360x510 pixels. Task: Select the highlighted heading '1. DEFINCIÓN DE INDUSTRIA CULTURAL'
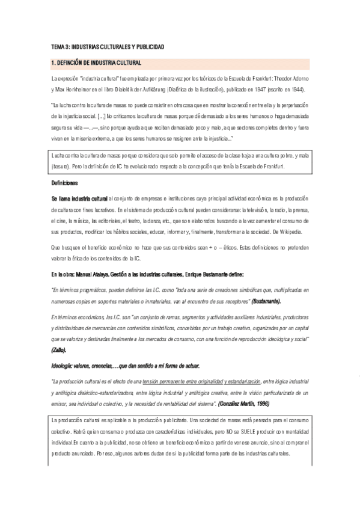click(x=97, y=63)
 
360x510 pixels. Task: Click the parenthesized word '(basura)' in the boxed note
click(x=61, y=166)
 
